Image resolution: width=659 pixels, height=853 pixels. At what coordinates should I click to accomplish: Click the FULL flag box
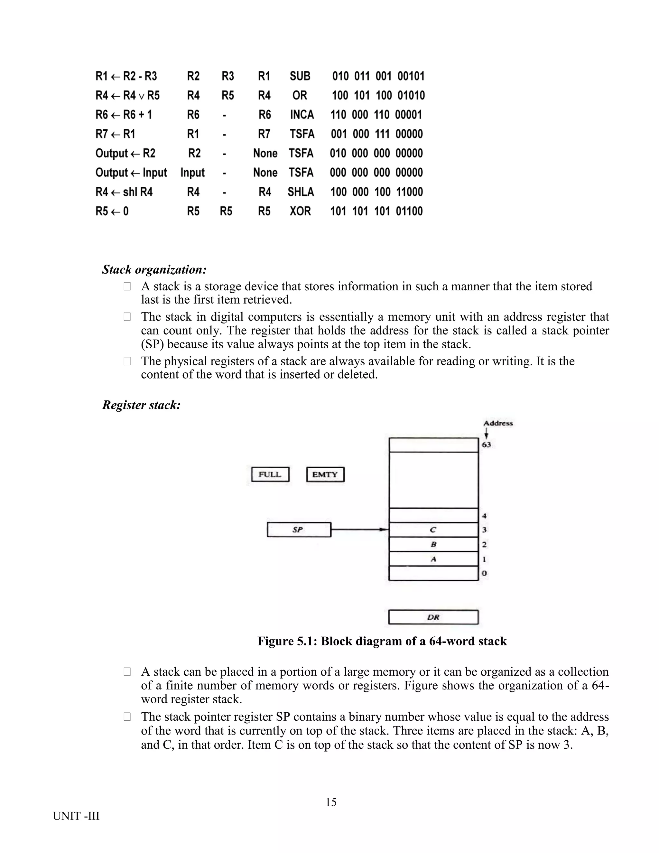pyautogui.click(x=270, y=474)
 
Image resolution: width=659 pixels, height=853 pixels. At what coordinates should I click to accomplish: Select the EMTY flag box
pyautogui.click(x=325, y=474)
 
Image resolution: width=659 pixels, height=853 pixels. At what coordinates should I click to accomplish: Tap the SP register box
pyautogui.click(x=299, y=530)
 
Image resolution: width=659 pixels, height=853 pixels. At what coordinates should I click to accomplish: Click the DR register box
pyautogui.click(x=433, y=617)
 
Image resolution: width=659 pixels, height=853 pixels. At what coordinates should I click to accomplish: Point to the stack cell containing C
pyautogui.click(x=433, y=530)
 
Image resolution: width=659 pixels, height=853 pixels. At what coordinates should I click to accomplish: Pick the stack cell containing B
pyautogui.click(x=433, y=544)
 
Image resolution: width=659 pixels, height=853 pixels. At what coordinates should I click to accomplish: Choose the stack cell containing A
pyautogui.click(x=433, y=559)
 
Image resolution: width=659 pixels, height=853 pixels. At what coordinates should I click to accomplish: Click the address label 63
pyautogui.click(x=487, y=445)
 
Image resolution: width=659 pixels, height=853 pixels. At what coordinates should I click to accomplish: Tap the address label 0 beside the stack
pyautogui.click(x=484, y=573)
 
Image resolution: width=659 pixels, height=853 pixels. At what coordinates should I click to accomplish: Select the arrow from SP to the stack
pyautogui.click(x=359, y=530)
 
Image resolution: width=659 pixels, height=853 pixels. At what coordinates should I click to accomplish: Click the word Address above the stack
pyautogui.click(x=498, y=423)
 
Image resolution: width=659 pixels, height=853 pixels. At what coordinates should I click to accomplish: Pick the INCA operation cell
pyautogui.click(x=302, y=115)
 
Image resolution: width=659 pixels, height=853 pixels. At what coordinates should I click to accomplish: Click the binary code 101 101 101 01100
pyautogui.click(x=376, y=211)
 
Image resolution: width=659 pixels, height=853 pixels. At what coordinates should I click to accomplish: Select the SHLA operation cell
pyautogui.click(x=301, y=192)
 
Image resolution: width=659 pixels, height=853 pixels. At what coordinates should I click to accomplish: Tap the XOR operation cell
pyautogui.click(x=300, y=211)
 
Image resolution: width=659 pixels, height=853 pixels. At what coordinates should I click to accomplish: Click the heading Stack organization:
pyautogui.click(x=154, y=269)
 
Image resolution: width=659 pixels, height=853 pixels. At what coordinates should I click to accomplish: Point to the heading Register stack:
pyautogui.click(x=141, y=405)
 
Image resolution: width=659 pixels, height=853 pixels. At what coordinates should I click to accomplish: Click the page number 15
pyautogui.click(x=331, y=802)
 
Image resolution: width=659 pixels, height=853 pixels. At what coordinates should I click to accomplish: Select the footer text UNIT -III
pyautogui.click(x=76, y=816)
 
